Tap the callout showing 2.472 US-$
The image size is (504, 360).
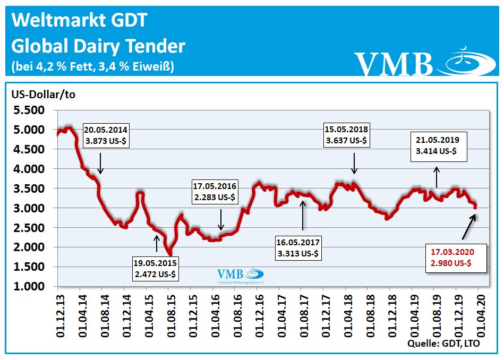(156, 269)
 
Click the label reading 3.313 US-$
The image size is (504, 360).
(298, 248)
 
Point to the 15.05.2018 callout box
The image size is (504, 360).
(347, 135)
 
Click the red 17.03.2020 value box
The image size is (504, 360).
(457, 258)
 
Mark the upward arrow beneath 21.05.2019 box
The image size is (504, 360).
(437, 177)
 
